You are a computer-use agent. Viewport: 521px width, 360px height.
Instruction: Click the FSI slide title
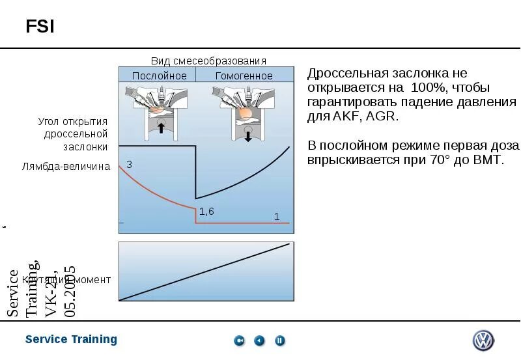(40, 27)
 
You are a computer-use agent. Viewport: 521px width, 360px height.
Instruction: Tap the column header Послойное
(159, 76)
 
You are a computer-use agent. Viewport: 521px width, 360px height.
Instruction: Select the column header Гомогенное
(244, 76)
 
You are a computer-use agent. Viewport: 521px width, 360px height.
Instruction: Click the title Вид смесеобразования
(208, 61)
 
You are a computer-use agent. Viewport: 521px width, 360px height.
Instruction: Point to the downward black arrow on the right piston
(248, 135)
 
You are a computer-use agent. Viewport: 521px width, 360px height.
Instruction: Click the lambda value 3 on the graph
(129, 165)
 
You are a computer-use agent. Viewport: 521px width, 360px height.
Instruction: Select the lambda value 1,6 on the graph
(206, 211)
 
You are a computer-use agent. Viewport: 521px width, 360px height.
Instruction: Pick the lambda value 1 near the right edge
(277, 217)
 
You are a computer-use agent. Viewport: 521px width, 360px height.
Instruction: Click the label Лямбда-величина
(66, 167)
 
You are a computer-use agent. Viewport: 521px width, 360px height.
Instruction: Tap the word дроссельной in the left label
(76, 134)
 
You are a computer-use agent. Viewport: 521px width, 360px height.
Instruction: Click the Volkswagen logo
(483, 340)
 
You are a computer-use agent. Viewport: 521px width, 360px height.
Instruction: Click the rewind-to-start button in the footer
(240, 340)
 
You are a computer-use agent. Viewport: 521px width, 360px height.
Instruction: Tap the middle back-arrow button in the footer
(260, 340)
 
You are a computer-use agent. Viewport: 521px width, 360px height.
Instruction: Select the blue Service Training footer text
(71, 339)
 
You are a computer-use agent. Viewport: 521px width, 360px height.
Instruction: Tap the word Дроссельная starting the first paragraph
(343, 73)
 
